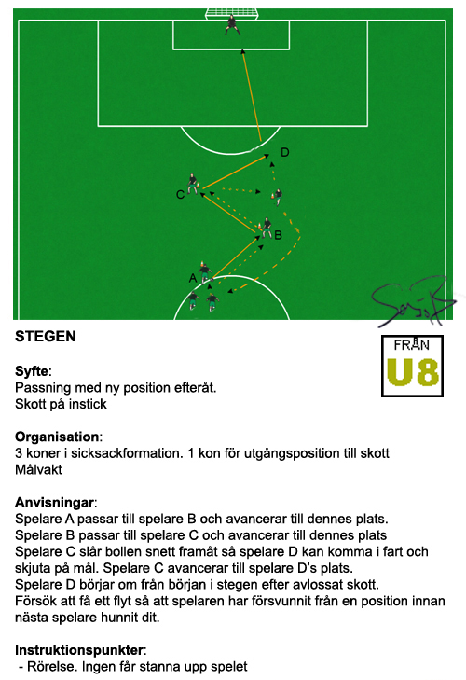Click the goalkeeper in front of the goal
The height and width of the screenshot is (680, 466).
click(x=232, y=25)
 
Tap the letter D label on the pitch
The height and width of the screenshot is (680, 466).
click(x=285, y=152)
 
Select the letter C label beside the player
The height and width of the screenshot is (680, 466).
click(x=180, y=195)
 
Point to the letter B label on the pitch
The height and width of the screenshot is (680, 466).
click(x=279, y=235)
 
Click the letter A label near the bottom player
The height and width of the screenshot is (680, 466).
click(x=193, y=278)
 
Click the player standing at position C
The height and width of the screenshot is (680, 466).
click(x=193, y=184)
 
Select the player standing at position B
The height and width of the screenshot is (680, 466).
click(x=267, y=229)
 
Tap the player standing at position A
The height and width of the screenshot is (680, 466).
click(x=205, y=272)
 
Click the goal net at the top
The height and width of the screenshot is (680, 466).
click(x=231, y=13)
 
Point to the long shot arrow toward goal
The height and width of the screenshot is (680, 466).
click(x=252, y=95)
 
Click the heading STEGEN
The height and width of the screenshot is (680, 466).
click(x=46, y=337)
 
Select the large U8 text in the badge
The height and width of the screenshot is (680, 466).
click(x=413, y=372)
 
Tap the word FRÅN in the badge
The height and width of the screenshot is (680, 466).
click(x=412, y=345)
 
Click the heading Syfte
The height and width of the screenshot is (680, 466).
click(x=32, y=371)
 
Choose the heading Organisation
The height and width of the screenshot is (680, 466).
click(x=57, y=437)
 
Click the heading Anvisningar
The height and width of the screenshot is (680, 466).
click(x=54, y=503)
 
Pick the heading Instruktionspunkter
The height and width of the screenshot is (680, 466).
click(x=79, y=650)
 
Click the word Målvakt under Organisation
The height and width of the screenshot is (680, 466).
click(x=38, y=470)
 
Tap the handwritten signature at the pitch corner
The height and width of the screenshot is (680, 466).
click(x=412, y=301)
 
